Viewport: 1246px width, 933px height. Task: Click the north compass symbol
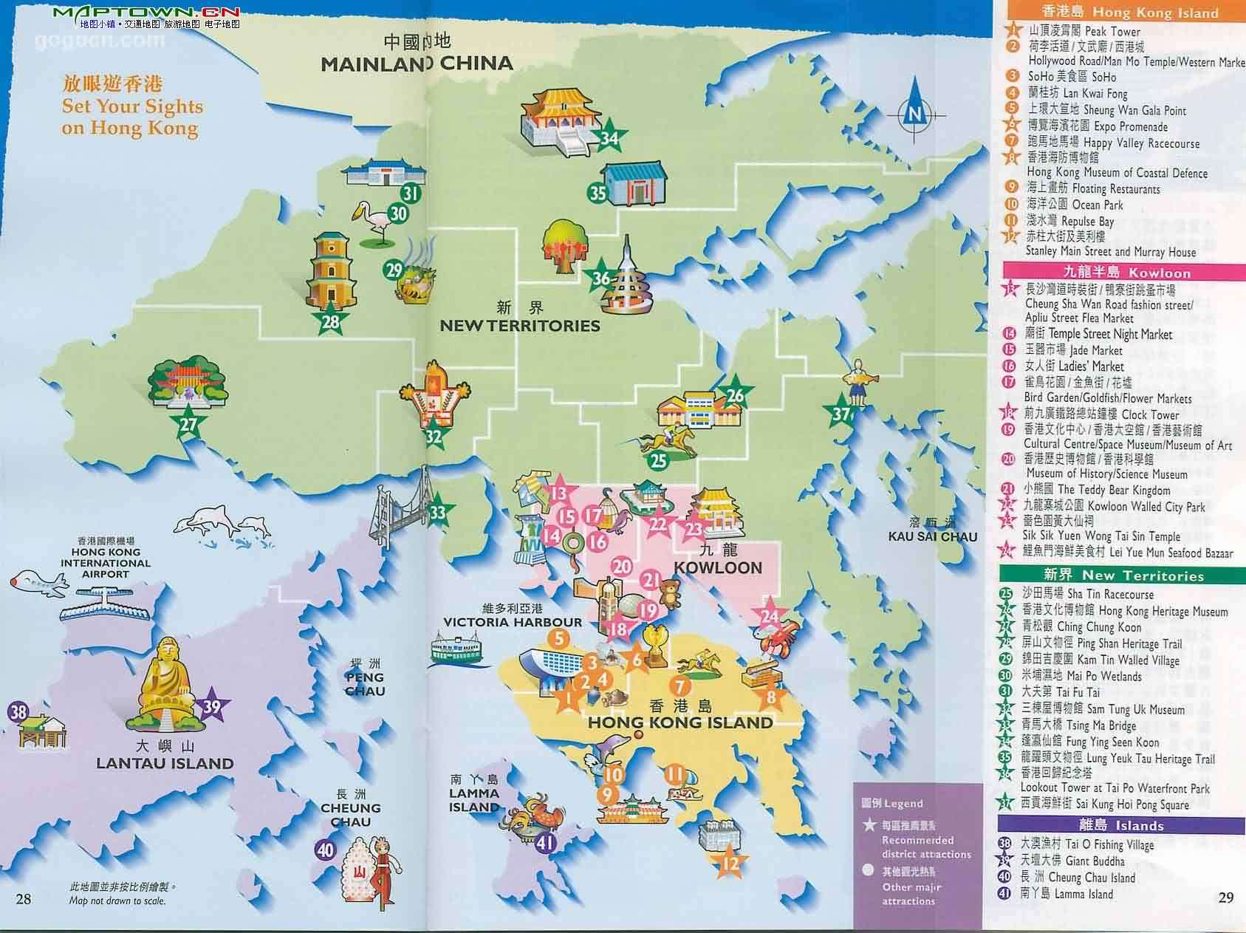(914, 115)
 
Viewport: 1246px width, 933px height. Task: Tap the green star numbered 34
(610, 137)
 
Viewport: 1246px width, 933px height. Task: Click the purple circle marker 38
(18, 713)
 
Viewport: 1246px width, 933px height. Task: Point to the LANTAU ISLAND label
(165, 764)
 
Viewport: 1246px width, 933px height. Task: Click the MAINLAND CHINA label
(417, 63)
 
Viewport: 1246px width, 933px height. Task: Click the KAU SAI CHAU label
(933, 536)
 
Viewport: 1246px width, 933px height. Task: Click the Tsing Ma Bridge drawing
(399, 510)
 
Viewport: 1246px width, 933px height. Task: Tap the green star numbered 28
(330, 321)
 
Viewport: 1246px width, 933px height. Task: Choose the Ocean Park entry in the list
(1075, 205)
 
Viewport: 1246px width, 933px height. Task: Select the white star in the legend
(868, 824)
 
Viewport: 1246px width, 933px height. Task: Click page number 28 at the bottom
(24, 898)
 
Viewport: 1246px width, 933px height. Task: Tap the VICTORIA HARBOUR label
(513, 622)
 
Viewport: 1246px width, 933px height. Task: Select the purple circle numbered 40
(326, 850)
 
